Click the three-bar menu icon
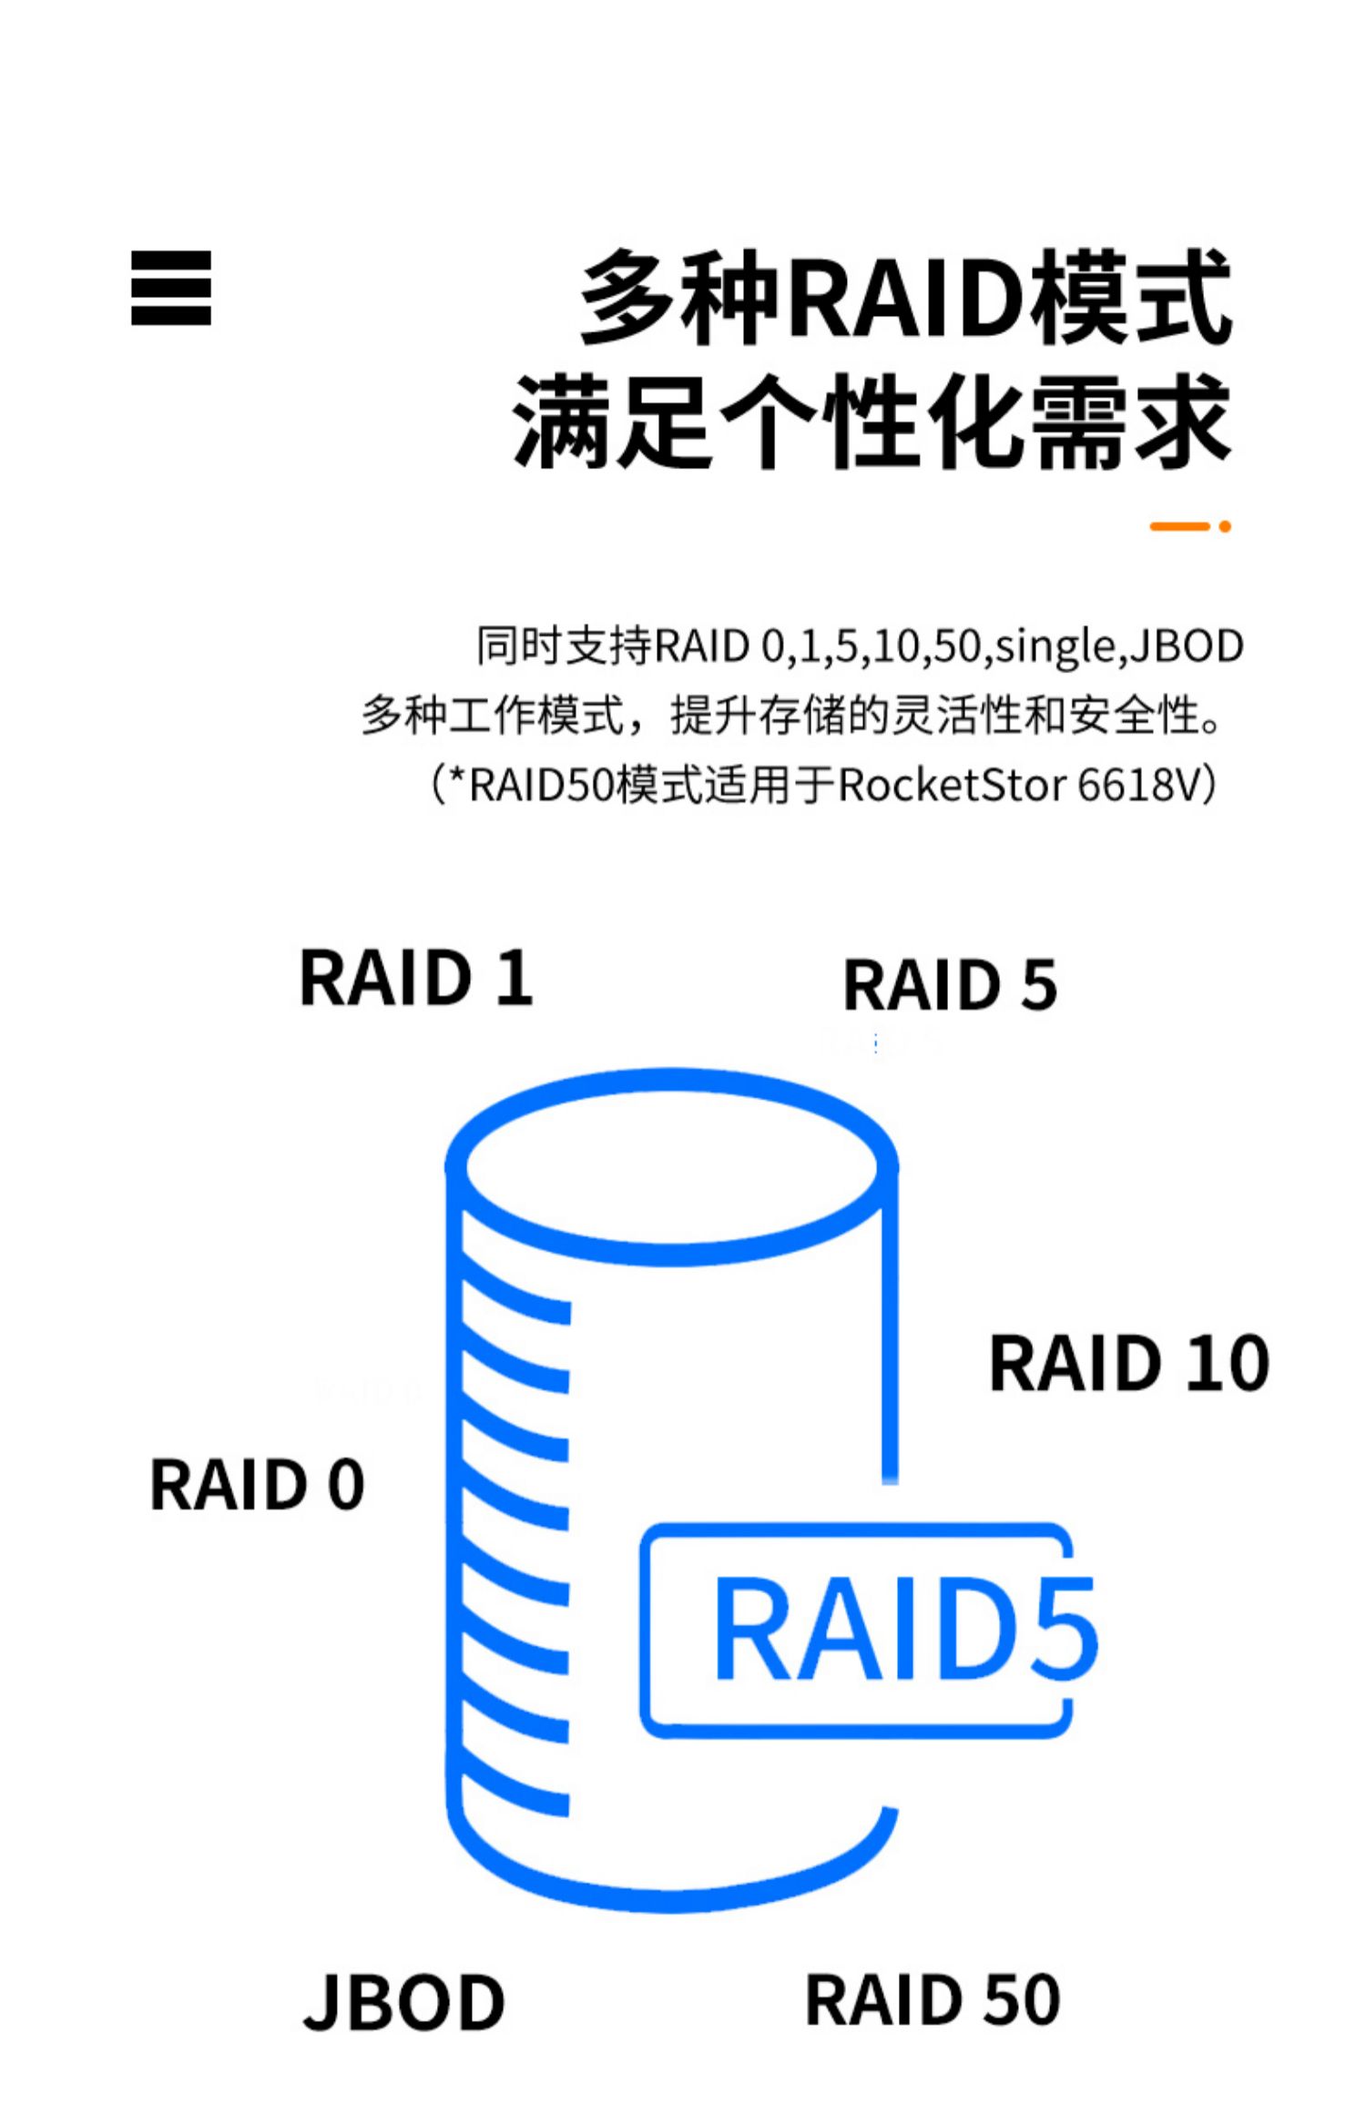click(171, 288)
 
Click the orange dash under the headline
click(1179, 526)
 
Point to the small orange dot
click(1225, 526)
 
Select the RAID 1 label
click(416, 978)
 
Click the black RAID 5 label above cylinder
click(950, 985)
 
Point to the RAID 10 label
click(1129, 1363)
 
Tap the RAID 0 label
click(257, 1485)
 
